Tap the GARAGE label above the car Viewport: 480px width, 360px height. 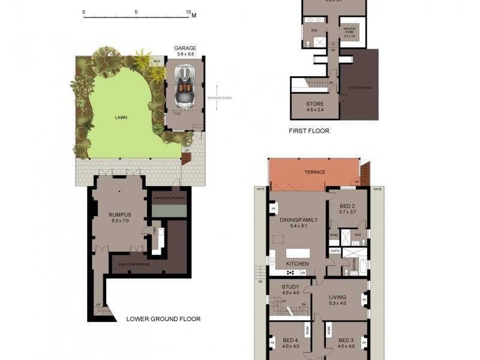[x=185, y=48]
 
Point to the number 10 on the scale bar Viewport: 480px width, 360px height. [x=189, y=12]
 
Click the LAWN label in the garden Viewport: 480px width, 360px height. [x=121, y=118]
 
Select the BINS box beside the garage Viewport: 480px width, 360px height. [x=157, y=61]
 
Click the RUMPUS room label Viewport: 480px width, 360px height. [x=119, y=214]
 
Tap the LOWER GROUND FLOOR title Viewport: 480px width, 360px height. [x=163, y=319]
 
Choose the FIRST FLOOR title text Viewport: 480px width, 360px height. [x=310, y=131]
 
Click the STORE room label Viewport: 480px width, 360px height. [x=316, y=103]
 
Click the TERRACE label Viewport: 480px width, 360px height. [x=315, y=172]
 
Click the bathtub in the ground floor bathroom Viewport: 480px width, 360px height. [x=352, y=272]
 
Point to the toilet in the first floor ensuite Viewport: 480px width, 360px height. [x=308, y=43]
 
